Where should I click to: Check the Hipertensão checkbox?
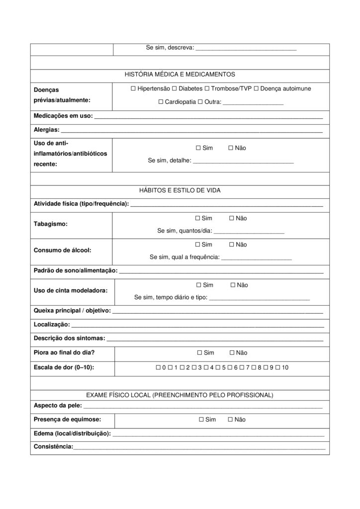click(x=133, y=88)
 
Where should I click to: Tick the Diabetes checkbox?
click(x=174, y=88)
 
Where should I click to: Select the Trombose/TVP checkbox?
click(x=207, y=88)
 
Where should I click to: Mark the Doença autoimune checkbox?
click(x=256, y=88)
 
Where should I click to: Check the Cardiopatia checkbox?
click(x=161, y=102)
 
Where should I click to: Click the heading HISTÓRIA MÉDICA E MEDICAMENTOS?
click(x=180, y=75)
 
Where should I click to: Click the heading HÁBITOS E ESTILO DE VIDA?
click(x=180, y=190)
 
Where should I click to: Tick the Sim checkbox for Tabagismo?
click(x=198, y=218)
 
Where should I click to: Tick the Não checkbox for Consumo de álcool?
click(x=232, y=245)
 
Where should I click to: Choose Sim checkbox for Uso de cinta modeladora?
click(x=198, y=285)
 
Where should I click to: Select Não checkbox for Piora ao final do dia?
click(x=232, y=353)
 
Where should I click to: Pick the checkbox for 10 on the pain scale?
click(x=278, y=367)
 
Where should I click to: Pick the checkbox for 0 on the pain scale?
click(x=158, y=367)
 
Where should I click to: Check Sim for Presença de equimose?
click(x=200, y=420)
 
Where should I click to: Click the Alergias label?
click(x=46, y=130)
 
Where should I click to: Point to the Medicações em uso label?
click(x=63, y=116)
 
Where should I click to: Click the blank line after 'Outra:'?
click(x=253, y=103)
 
